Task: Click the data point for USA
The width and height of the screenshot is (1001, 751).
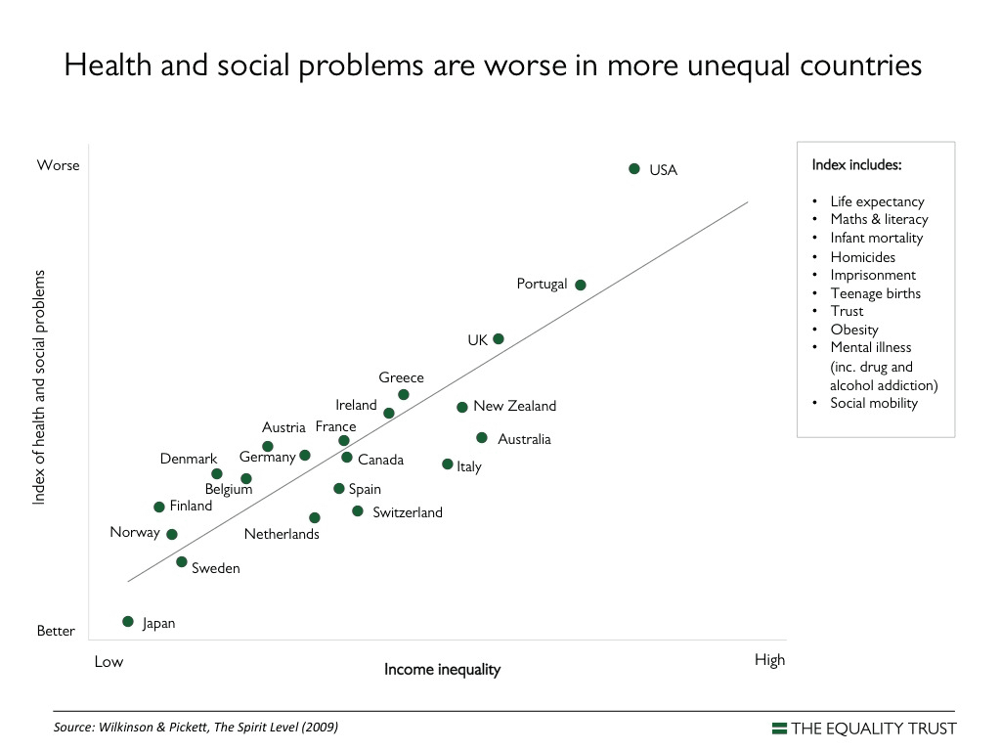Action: point(634,169)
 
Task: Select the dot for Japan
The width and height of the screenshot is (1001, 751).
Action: point(128,622)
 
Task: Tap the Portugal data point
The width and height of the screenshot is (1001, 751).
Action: point(581,285)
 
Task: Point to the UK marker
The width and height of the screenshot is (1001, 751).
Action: point(499,339)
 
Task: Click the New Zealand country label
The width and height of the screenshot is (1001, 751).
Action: point(514,406)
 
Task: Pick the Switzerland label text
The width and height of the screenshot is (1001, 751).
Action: point(408,512)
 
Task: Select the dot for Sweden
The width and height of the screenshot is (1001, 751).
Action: point(182,562)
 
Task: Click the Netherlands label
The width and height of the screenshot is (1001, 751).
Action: point(282,534)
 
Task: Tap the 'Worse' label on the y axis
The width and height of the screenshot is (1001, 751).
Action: point(59,165)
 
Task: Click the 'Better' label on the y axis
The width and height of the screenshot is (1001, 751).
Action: point(56,631)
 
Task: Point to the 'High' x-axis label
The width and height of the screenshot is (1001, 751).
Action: point(769,660)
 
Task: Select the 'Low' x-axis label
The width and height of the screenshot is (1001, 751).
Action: point(109,661)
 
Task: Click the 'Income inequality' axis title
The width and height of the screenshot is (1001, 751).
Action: point(442,670)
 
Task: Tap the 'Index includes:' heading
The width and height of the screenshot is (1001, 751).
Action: point(856,164)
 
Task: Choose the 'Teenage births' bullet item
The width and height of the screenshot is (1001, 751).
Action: point(875,293)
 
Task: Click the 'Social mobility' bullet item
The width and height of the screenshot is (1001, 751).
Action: point(874,402)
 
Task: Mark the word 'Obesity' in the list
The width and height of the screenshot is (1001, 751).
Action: point(854,330)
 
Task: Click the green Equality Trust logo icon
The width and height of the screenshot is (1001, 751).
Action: point(779,728)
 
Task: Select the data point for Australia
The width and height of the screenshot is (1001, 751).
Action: point(482,438)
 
